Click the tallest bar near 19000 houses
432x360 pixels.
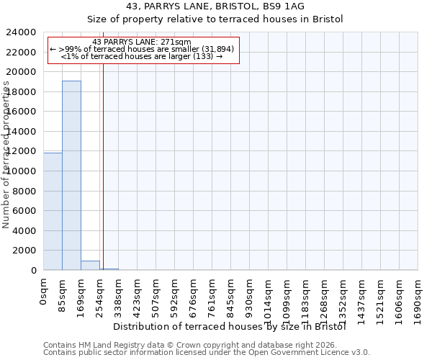click(71, 175)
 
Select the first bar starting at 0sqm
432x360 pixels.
click(53, 211)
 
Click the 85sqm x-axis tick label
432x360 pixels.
click(63, 294)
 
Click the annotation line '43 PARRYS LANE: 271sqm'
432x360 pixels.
click(142, 42)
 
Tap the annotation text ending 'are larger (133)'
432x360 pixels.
click(142, 56)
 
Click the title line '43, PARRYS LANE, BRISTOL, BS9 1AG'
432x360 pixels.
click(215, 6)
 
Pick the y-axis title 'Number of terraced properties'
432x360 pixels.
click(6, 155)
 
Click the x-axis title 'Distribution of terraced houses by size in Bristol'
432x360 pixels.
click(230, 327)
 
